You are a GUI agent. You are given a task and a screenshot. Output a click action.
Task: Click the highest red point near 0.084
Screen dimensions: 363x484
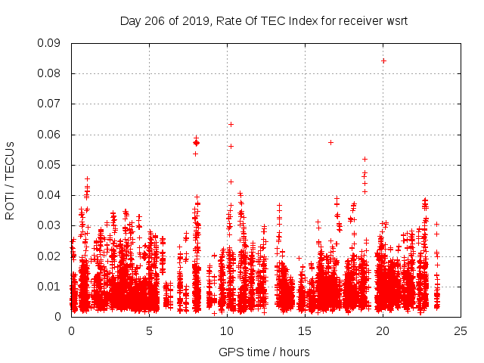[383, 60]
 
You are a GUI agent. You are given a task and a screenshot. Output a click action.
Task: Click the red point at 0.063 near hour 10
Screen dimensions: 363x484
[231, 124]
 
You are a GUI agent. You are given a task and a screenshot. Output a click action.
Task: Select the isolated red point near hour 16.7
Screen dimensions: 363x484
[330, 142]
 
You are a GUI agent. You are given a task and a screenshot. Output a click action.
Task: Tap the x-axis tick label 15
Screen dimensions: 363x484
[305, 330]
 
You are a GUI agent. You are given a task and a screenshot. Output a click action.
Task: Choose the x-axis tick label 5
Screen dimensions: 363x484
[149, 330]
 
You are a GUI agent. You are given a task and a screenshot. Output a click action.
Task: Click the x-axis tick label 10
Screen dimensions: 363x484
[227, 330]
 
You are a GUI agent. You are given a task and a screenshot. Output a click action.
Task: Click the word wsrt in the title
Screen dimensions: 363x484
[396, 20]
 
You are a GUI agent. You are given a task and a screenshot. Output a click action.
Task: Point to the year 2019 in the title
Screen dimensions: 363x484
[193, 20]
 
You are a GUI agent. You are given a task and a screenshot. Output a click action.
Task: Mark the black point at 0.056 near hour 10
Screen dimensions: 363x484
[231, 146]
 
